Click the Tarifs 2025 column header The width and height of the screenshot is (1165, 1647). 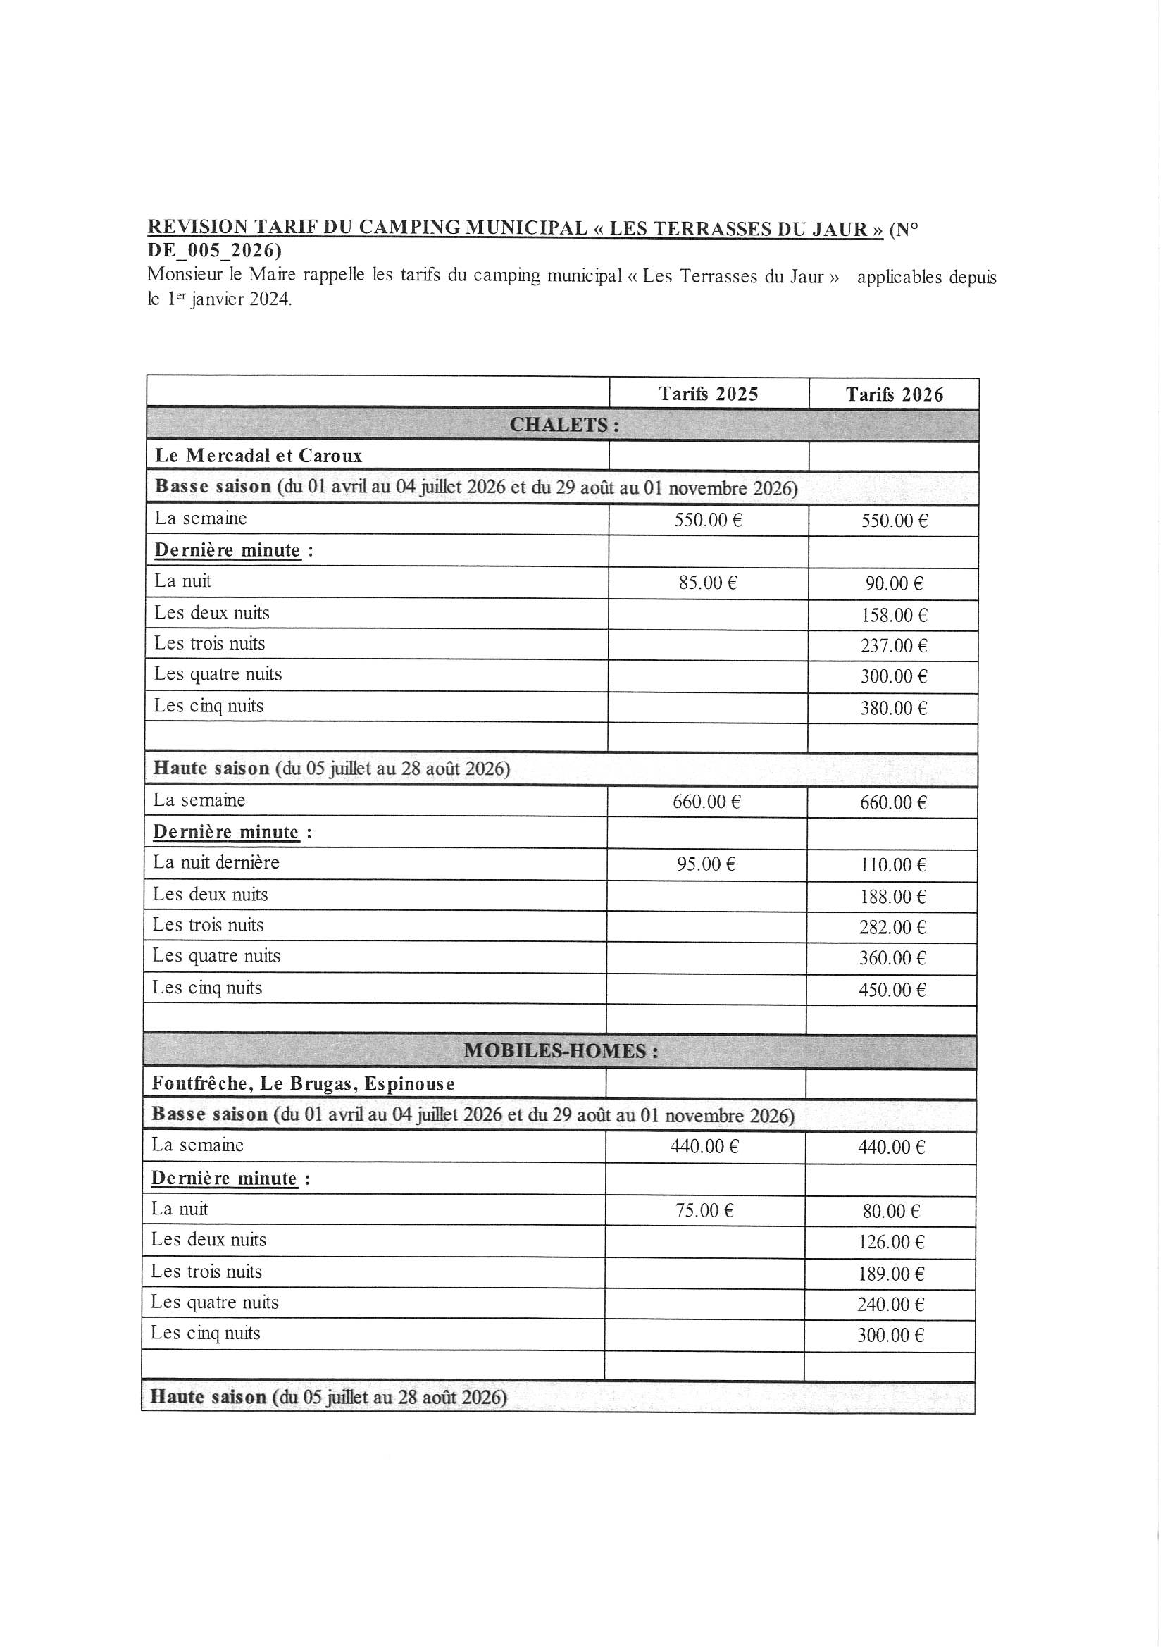[708, 394]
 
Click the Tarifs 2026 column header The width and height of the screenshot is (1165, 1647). [894, 394]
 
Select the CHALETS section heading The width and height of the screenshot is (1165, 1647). [564, 425]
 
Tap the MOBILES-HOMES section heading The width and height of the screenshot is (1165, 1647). [561, 1051]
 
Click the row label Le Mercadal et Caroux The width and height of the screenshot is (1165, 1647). [258, 456]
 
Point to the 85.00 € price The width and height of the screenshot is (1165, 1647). [707, 583]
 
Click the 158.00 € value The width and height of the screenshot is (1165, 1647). [894, 615]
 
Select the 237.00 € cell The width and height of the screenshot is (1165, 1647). [894, 645]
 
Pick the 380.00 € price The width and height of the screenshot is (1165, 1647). [894, 708]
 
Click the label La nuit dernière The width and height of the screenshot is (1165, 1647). [216, 862]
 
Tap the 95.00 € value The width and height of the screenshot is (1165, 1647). [706, 864]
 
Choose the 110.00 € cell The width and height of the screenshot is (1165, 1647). [893, 864]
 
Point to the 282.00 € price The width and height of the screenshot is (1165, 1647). [892, 927]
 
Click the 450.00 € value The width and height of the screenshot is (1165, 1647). [892, 990]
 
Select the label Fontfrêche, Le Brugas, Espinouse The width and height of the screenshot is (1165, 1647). [303, 1083]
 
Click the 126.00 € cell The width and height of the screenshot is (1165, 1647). [891, 1242]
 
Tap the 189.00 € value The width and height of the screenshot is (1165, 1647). [891, 1273]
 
